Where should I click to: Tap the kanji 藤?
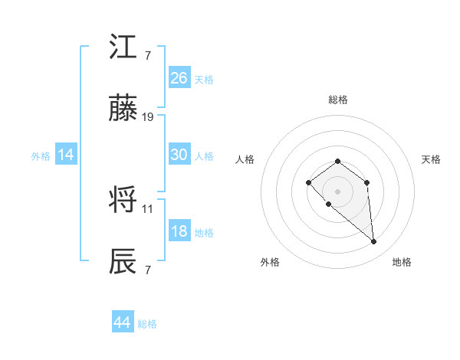pyautogui.click(x=123, y=110)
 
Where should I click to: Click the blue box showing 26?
pyautogui.click(x=179, y=78)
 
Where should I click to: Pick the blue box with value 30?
pyautogui.click(x=179, y=155)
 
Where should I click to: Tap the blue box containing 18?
pyautogui.click(x=179, y=232)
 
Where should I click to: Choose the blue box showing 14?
pyautogui.click(x=66, y=155)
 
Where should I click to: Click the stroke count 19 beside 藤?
pyautogui.click(x=148, y=117)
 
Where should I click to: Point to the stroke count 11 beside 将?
pyautogui.click(x=148, y=208)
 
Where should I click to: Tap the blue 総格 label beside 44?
pyautogui.click(x=147, y=324)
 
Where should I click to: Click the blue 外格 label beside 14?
pyautogui.click(x=41, y=156)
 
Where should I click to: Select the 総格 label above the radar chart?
pyautogui.click(x=337, y=100)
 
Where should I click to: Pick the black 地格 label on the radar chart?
pyautogui.click(x=402, y=263)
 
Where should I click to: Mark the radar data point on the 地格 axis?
pyautogui.click(x=374, y=242)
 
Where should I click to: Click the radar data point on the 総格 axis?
pyautogui.click(x=337, y=161)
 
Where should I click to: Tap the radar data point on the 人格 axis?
pyautogui.click(x=308, y=182)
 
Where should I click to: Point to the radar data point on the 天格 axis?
pyautogui.click(x=367, y=182)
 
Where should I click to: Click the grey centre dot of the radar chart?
pyautogui.click(x=337, y=191)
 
